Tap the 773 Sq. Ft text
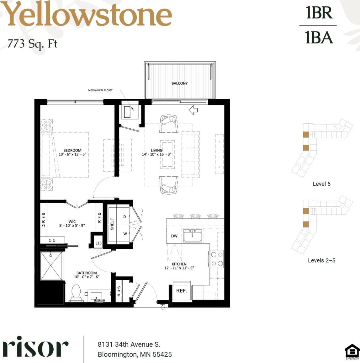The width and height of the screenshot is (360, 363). coord(32,43)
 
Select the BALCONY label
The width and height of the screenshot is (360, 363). coord(179,83)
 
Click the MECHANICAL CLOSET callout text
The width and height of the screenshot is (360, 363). coord(100,90)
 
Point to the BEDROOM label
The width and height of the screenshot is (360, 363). coord(72,151)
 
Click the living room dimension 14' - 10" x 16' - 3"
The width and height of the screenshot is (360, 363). coord(156,154)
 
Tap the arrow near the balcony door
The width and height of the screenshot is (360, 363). coord(193,110)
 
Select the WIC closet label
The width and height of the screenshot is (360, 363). coord(72,222)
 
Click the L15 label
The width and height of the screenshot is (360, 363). coord(98,243)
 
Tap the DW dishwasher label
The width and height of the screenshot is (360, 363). coord(174,236)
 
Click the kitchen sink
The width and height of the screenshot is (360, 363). coord(193,235)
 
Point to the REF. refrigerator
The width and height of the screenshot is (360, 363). coord(182,291)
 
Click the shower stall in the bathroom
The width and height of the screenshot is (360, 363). coord(52,266)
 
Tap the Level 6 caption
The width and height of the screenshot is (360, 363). coord(321,184)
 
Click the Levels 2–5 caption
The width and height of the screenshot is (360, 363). coord(321,260)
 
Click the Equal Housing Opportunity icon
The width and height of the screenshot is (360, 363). coord(352,351)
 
